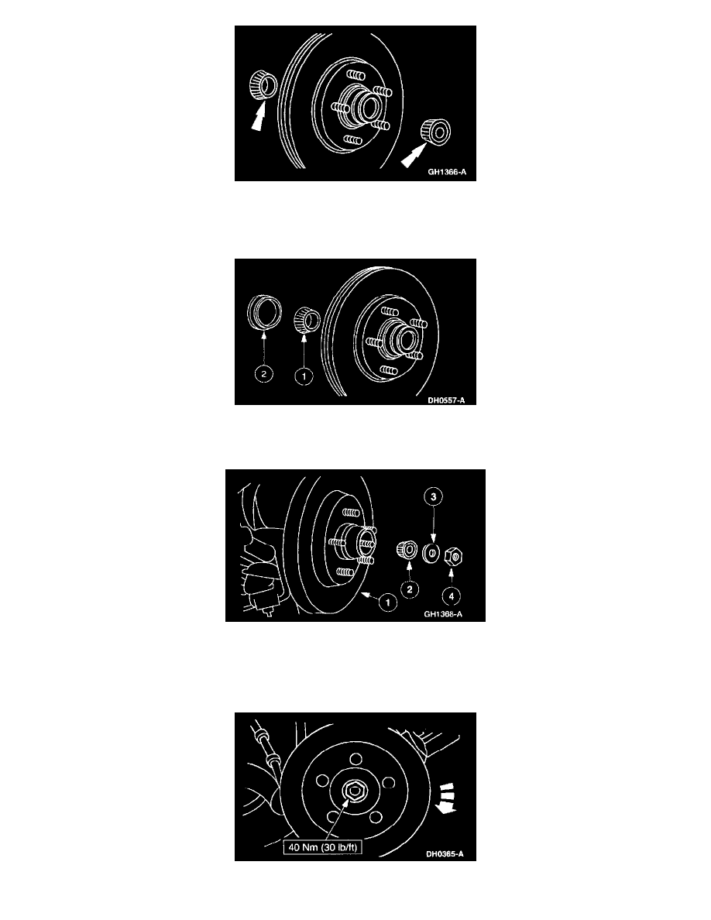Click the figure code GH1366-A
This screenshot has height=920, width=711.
pyautogui.click(x=447, y=172)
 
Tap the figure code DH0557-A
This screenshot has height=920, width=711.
pyautogui.click(x=446, y=400)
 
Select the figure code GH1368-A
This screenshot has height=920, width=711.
pyautogui.click(x=443, y=614)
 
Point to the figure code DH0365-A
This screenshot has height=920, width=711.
pyautogui.click(x=445, y=853)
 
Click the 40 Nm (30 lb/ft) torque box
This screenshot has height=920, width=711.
pyautogui.click(x=322, y=846)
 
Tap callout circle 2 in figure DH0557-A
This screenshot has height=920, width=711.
pyautogui.click(x=264, y=373)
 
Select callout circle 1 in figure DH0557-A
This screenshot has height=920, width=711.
pyautogui.click(x=304, y=376)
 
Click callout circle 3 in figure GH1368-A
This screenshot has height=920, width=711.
pyautogui.click(x=434, y=497)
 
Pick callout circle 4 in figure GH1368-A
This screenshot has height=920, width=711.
pyautogui.click(x=451, y=596)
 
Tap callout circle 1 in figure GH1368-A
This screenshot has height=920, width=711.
pyautogui.click(x=387, y=602)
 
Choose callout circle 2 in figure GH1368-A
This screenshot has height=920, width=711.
pyautogui.click(x=410, y=589)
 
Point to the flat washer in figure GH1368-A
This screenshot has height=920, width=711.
pyautogui.click(x=431, y=553)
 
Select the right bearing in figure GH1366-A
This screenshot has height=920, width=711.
pyautogui.click(x=436, y=131)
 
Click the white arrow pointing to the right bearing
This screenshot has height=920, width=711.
pyautogui.click(x=412, y=156)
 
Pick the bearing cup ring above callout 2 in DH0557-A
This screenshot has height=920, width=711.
pyautogui.click(x=264, y=314)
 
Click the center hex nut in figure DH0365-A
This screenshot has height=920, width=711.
pyautogui.click(x=354, y=791)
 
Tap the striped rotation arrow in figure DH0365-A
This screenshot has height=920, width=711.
pyautogui.click(x=447, y=798)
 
